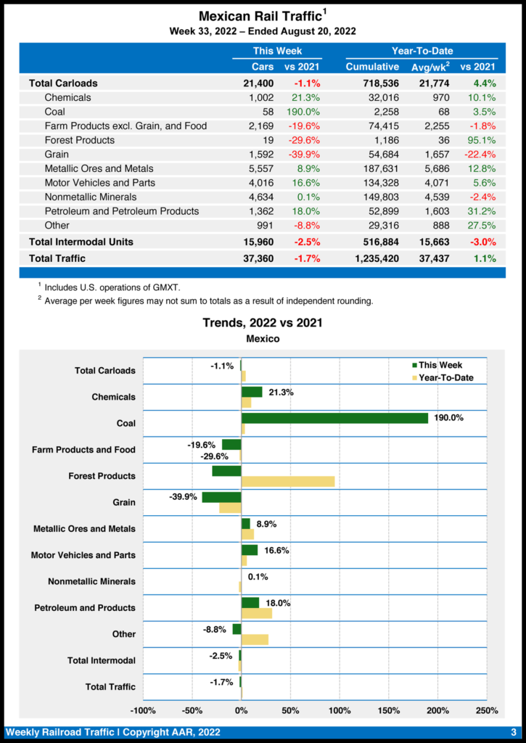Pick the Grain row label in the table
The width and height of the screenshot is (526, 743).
click(x=57, y=155)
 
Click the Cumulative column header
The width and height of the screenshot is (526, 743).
click(x=372, y=67)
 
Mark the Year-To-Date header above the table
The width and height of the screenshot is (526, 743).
click(x=422, y=51)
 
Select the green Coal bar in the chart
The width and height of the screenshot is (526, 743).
click(x=334, y=418)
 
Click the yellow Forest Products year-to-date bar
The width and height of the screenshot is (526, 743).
click(x=288, y=481)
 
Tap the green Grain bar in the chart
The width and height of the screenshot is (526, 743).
click(x=221, y=497)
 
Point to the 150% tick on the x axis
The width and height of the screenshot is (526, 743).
click(x=388, y=710)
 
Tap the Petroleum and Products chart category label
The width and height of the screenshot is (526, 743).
click(x=85, y=608)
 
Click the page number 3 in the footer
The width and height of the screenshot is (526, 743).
click(x=513, y=732)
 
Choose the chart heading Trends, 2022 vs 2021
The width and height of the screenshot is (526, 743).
click(x=263, y=322)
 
